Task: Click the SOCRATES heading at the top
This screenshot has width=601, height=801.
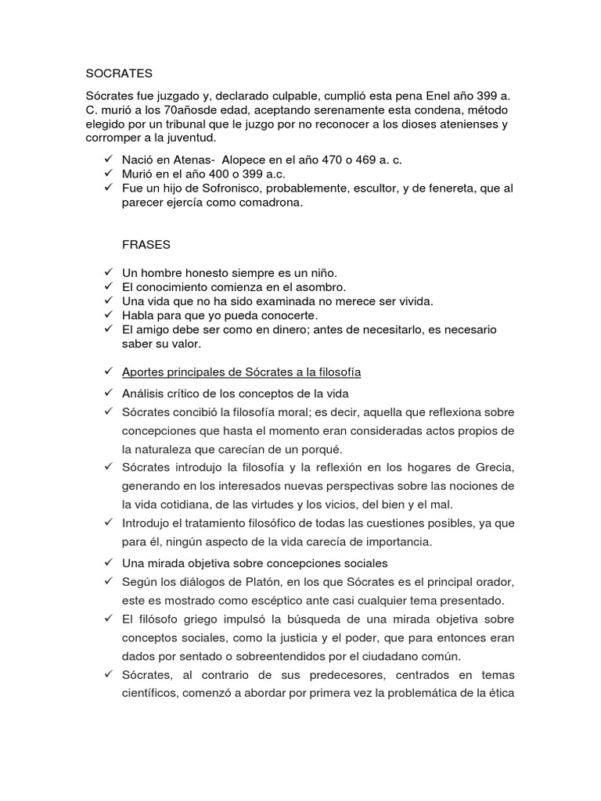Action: pyautogui.click(x=117, y=74)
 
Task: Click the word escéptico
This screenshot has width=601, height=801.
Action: pyautogui.click(x=283, y=600)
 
